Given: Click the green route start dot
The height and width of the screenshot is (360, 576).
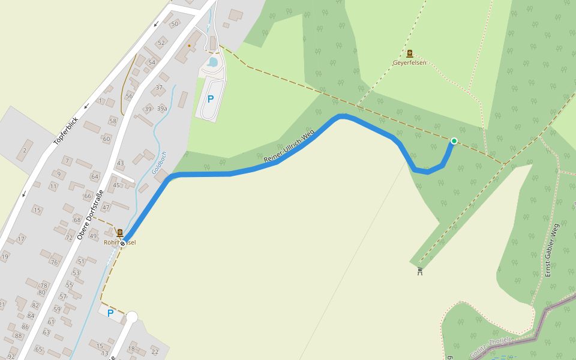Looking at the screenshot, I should [454, 141].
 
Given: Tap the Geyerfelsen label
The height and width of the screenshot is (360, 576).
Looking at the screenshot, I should [409, 62].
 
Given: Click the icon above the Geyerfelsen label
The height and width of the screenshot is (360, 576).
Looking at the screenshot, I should [409, 53].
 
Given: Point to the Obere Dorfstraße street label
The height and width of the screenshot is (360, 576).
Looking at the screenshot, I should [91, 214].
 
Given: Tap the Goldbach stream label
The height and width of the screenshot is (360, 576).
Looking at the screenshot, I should [159, 163].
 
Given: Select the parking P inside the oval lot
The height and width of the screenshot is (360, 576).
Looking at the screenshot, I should [211, 100].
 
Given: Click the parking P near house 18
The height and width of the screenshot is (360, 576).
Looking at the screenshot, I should [110, 313].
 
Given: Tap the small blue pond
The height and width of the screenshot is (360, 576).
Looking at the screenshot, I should [213, 62].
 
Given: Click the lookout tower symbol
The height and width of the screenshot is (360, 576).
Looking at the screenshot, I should [420, 271].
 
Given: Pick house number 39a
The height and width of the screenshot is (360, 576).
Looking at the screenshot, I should [162, 109].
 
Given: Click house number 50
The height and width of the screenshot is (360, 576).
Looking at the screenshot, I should [175, 24].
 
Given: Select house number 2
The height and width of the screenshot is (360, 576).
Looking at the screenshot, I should [25, 150].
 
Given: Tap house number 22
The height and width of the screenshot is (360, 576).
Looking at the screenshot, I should [155, 352].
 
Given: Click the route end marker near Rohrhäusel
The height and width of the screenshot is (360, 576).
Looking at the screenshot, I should [123, 243].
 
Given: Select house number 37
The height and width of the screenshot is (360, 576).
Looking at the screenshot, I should [159, 88].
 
